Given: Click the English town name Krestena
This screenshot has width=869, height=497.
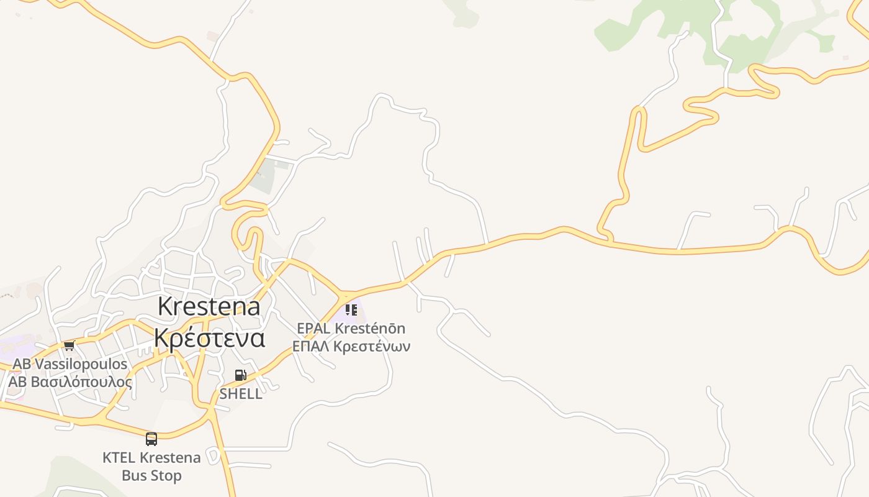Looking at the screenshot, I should [209, 307].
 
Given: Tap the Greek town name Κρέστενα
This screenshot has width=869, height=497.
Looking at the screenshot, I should [209, 338].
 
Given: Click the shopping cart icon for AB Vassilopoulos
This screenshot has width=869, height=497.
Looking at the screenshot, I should [69, 346].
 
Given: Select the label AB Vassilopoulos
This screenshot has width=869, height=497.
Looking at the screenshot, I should [70, 364].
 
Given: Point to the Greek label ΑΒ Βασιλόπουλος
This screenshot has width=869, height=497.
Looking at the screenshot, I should [70, 381].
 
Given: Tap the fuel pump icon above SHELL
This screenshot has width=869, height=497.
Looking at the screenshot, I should [240, 375].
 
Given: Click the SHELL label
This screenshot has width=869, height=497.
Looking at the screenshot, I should [241, 394].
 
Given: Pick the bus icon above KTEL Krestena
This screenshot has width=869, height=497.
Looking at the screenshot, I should [151, 439].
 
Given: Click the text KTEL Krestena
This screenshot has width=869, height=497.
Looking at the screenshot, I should [151, 458].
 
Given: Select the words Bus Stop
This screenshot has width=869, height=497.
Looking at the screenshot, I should [151, 476].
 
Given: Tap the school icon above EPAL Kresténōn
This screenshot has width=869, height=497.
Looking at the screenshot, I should [351, 309].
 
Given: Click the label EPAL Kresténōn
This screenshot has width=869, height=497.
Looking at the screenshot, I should [351, 328].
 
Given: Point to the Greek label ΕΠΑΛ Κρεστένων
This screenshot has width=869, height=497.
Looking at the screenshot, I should [351, 346].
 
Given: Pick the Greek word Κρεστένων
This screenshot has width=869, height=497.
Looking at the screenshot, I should [372, 346].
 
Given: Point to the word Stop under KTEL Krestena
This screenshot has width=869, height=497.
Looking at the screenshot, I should [168, 476].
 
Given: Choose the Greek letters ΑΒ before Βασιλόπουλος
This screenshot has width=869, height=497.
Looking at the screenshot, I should [18, 381].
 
